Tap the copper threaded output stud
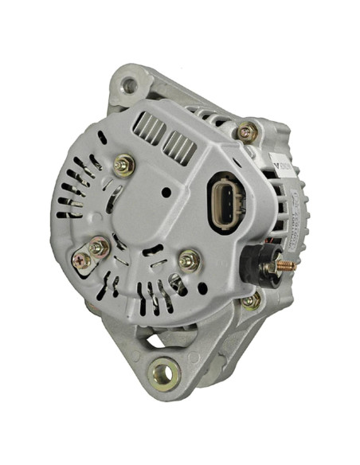pyautogui.click(x=286, y=266)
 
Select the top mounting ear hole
pyautogui.click(x=127, y=84)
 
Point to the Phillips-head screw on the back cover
pyautogui.click(x=81, y=260)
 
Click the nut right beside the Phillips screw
pyautogui.click(x=98, y=248)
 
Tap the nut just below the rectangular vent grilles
pyautogui.click(x=123, y=166)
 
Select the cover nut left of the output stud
pyautogui.click(x=190, y=260)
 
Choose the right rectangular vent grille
pyautogui.click(x=181, y=147)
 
